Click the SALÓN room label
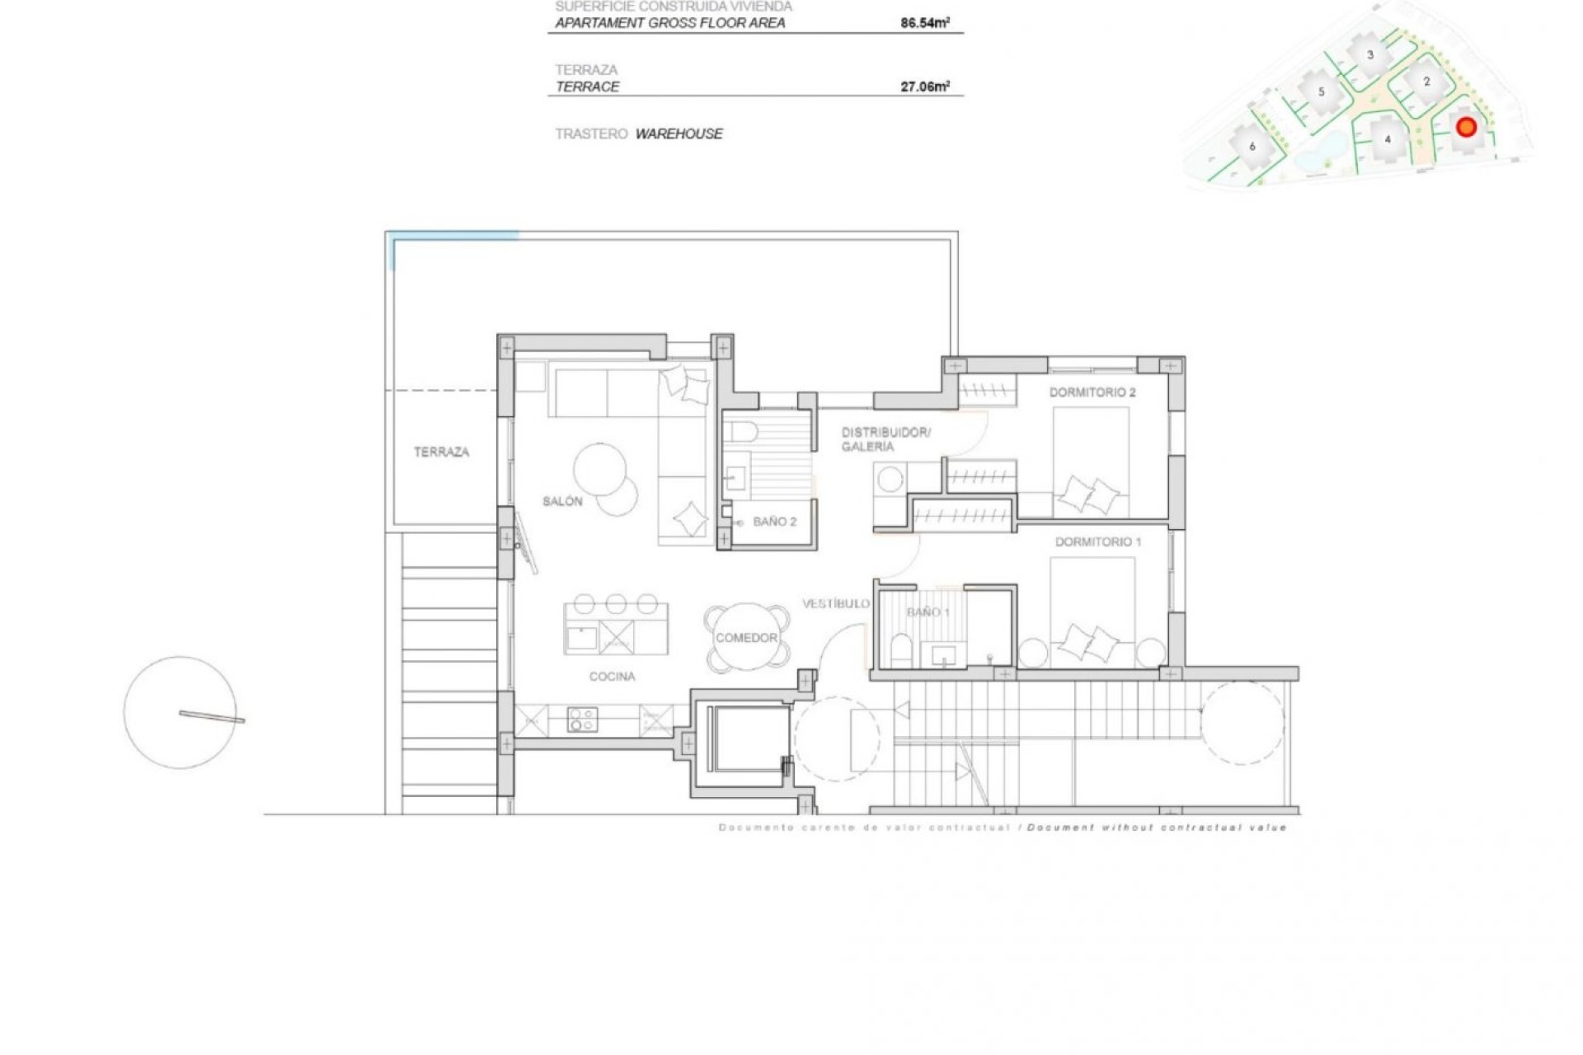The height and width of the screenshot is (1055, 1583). [562, 501]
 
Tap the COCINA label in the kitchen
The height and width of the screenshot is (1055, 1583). [612, 677]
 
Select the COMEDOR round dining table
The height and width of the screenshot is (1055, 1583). [746, 638]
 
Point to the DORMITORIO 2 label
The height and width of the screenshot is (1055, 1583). [1092, 392]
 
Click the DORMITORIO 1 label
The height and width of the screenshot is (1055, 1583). [1098, 542]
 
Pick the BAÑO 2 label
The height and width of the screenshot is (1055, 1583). [774, 522]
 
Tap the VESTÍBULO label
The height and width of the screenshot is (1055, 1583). [835, 603]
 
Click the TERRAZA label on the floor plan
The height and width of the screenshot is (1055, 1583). [441, 452]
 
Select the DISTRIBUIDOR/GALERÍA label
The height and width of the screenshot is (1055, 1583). [885, 439]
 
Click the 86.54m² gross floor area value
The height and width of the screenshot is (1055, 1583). [924, 23]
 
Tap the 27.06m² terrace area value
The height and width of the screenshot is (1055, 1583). [924, 87]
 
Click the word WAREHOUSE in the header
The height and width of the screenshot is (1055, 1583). [679, 134]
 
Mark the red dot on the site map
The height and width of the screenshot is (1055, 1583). [1466, 127]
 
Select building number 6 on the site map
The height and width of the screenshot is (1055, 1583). [1252, 147]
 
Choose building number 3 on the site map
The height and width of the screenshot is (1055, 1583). [1370, 55]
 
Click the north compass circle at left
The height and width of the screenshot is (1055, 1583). [180, 712]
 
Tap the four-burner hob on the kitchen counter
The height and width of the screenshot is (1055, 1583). [581, 720]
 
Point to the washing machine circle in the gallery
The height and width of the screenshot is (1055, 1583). [890, 479]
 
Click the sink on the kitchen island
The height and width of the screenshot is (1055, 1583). [582, 638]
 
